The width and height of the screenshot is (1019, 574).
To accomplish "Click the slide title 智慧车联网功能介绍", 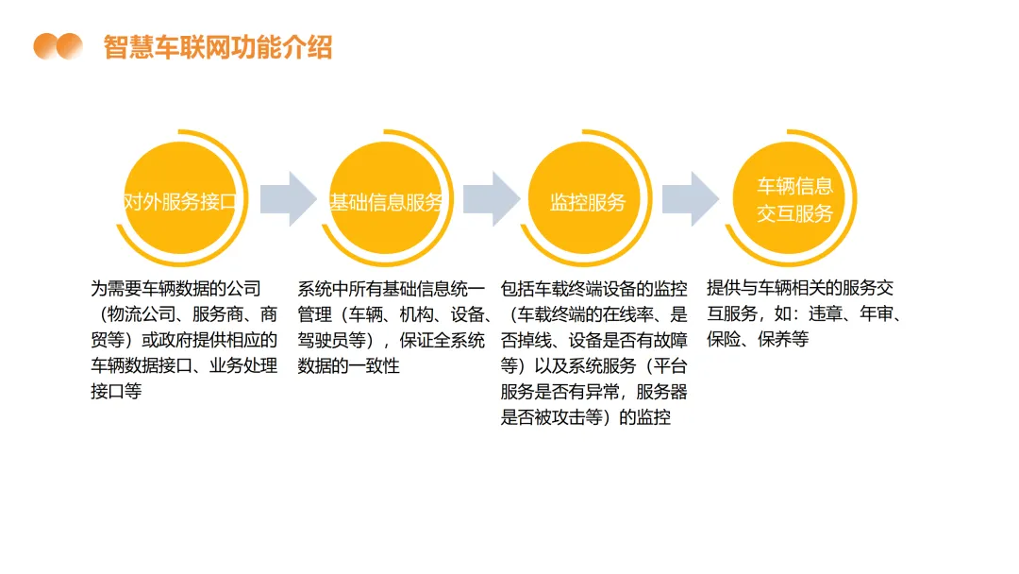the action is click(x=218, y=46).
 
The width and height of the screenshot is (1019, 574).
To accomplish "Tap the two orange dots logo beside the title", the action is click(x=58, y=46).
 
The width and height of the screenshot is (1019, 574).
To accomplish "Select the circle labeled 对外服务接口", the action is click(x=180, y=201).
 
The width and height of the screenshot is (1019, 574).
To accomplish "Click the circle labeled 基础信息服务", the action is click(x=385, y=201).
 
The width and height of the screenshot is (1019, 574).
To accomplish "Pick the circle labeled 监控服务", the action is click(x=587, y=201).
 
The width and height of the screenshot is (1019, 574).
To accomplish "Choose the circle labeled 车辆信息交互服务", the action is click(x=794, y=200).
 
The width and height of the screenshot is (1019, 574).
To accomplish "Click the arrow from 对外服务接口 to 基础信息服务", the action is click(x=288, y=199).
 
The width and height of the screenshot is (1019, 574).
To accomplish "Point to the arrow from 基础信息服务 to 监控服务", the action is click(x=490, y=199).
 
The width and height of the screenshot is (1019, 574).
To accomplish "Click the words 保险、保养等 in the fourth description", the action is click(x=758, y=340).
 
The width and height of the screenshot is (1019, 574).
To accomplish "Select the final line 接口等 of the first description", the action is click(x=116, y=391).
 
